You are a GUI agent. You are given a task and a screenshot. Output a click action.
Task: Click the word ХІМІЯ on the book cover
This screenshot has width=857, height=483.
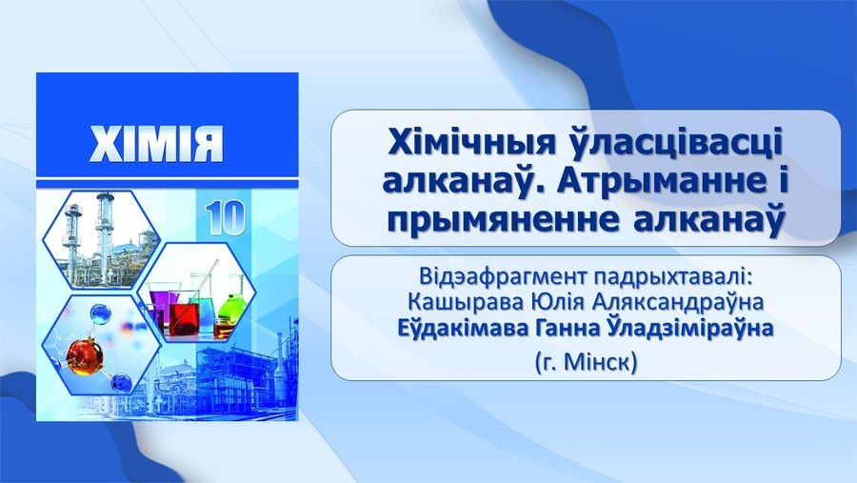coord(156,144)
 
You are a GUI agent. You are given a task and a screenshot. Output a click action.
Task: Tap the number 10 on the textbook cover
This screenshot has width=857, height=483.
coord(226,218)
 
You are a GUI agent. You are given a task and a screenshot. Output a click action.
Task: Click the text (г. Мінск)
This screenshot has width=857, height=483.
coord(587,362)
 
